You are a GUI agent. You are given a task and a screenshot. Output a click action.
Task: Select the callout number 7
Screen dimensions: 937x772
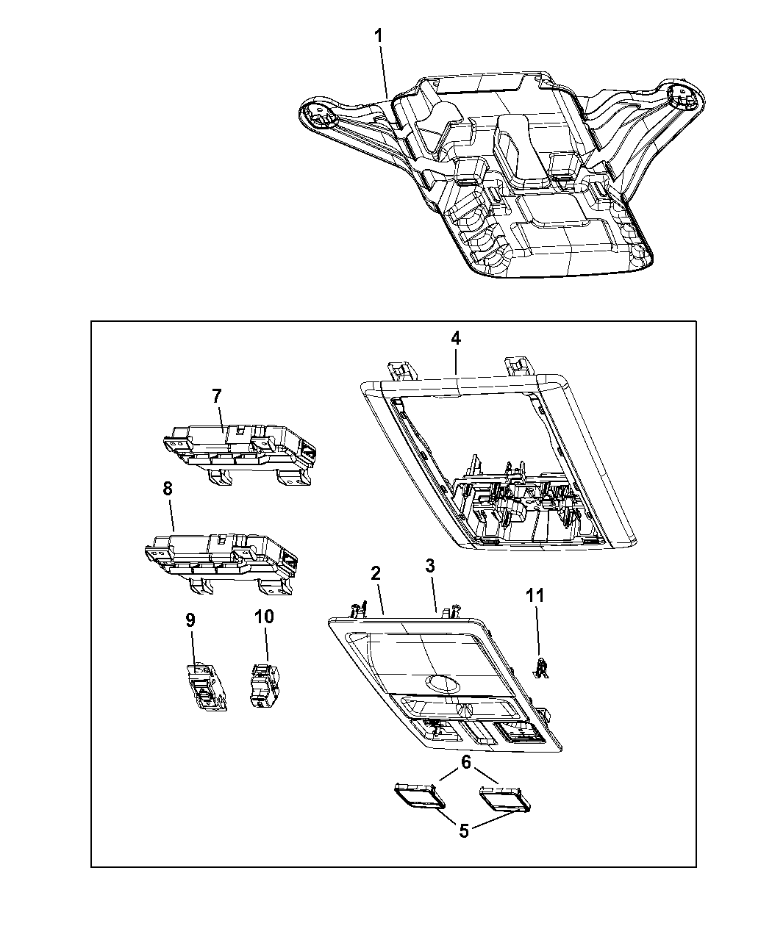217,396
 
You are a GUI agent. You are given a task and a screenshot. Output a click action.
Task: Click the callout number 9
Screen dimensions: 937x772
190,620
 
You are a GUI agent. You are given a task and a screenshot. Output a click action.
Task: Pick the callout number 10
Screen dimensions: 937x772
265,616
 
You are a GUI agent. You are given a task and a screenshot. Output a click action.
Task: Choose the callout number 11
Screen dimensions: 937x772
535,595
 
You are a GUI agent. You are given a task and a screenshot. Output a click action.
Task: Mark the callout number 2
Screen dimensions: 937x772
375,572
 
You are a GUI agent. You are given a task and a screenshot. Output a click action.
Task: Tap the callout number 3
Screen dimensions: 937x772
430,565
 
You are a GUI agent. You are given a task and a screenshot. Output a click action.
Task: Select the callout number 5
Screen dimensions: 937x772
464,831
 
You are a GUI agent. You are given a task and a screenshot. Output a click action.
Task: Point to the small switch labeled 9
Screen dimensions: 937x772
204,686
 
